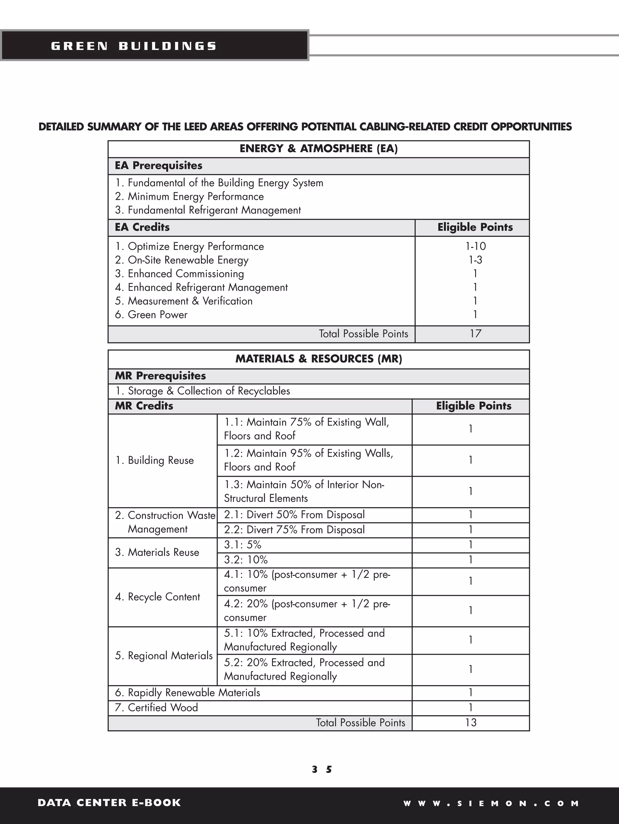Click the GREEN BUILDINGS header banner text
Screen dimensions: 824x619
(x=134, y=46)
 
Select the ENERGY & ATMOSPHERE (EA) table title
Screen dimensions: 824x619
(x=319, y=149)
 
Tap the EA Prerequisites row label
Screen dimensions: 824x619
(x=158, y=165)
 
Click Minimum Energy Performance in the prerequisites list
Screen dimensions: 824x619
(x=190, y=196)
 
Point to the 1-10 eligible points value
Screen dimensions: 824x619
(x=475, y=246)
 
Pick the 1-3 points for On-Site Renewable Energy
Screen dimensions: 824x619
(x=475, y=260)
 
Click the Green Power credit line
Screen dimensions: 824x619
(x=151, y=315)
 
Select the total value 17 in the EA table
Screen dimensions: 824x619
(x=475, y=334)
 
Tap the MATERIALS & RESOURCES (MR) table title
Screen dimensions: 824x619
(x=319, y=359)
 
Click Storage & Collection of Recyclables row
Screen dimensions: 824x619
(x=203, y=391)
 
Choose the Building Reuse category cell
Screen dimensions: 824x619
(x=154, y=461)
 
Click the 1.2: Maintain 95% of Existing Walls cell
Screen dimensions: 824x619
(x=308, y=460)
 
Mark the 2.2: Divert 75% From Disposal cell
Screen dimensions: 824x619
(x=294, y=530)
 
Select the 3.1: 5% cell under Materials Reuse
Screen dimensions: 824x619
(x=243, y=545)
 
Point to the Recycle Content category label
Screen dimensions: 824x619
(x=157, y=597)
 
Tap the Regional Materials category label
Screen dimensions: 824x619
(x=164, y=656)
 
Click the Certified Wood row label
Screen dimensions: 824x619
(x=157, y=708)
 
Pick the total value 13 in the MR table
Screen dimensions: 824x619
(x=471, y=723)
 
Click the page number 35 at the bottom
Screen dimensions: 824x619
(x=322, y=770)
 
